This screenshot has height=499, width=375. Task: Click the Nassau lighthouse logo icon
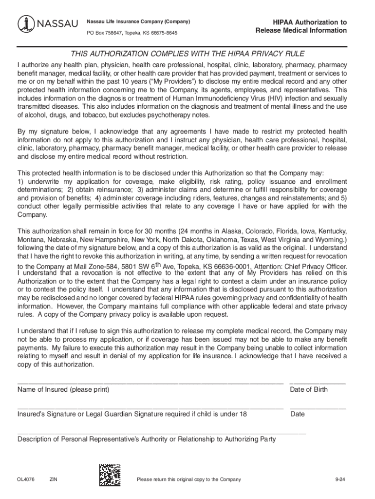click(25, 23)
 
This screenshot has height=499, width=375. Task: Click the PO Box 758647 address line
click(132, 33)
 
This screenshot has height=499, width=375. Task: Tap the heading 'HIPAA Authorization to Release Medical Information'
click(301, 26)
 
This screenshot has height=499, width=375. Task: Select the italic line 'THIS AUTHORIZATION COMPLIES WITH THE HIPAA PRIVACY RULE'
click(188, 54)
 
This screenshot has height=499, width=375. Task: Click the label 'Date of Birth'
click(309, 390)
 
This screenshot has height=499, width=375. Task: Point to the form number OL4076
click(26, 480)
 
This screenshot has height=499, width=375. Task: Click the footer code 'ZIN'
click(54, 480)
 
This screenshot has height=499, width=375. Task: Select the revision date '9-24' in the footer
click(340, 480)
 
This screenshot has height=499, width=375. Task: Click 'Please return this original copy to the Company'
click(189, 480)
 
